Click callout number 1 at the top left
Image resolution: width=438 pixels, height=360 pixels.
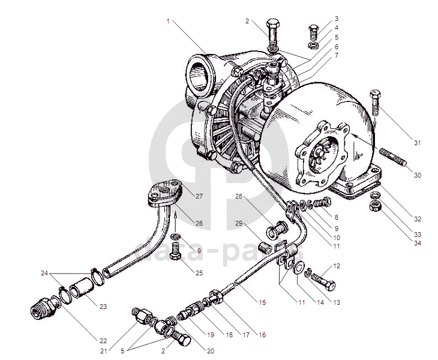pyautogui.click(x=169, y=21)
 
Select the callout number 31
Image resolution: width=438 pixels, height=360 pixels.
pyautogui.click(x=418, y=143)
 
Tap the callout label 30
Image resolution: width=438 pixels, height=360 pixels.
pyautogui.click(x=418, y=175)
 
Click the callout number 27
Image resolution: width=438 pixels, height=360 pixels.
pyautogui.click(x=199, y=196)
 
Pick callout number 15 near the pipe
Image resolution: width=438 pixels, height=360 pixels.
pyautogui.click(x=262, y=302)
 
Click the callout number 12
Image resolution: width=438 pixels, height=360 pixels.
pyautogui.click(x=337, y=265)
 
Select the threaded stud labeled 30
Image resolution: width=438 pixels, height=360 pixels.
pyautogui.click(x=392, y=157)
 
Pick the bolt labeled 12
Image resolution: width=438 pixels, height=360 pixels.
pyautogui.click(x=322, y=280)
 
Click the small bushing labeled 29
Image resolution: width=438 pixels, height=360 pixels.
pyautogui.click(x=262, y=246)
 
